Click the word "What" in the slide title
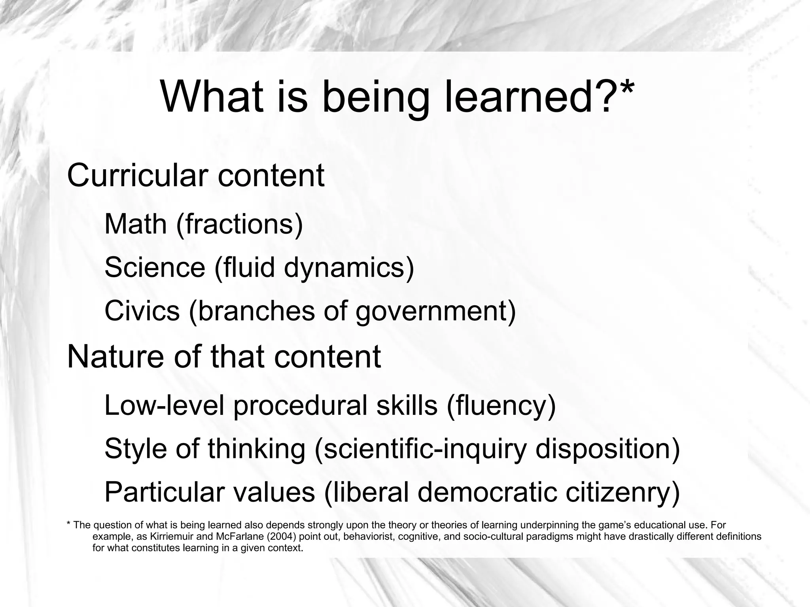click(x=212, y=97)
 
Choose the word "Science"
click(x=155, y=267)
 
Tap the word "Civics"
click(x=142, y=311)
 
